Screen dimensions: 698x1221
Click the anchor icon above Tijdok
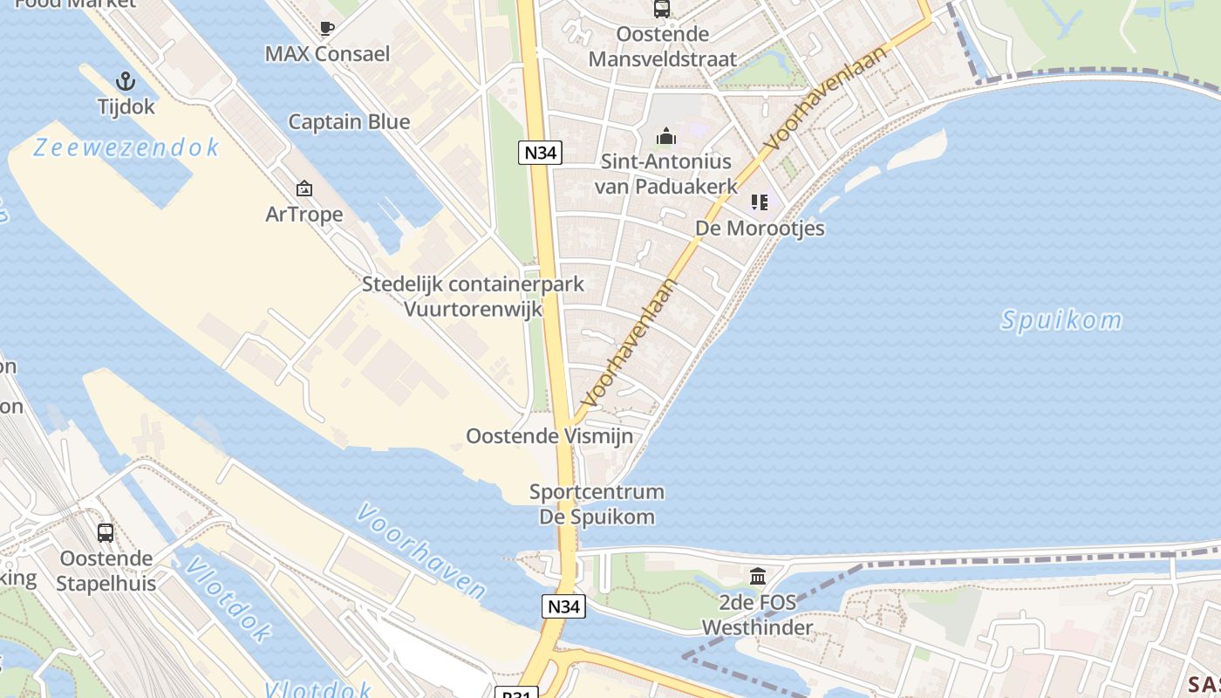pos(126,82)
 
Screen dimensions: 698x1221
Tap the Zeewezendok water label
pos(126,148)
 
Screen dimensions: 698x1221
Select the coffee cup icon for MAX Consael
pos(327,29)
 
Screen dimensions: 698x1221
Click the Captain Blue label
pos(349,121)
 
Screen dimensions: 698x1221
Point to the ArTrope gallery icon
pos(304,188)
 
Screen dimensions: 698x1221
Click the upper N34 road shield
pos(540,153)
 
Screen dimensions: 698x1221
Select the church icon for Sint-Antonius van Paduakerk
pos(666,136)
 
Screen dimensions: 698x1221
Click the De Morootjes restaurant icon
pos(760,202)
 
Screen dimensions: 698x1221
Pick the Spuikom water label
pos(1061,320)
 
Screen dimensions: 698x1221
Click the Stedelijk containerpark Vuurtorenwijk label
pos(474,297)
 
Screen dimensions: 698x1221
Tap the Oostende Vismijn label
pos(549,435)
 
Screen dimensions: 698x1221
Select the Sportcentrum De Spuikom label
pos(597,504)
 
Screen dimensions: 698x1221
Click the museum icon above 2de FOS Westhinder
pos(757,577)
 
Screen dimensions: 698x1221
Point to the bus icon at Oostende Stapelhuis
pos(106,532)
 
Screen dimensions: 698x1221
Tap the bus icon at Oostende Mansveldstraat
pos(662,10)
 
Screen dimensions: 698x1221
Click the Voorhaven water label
pos(420,551)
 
